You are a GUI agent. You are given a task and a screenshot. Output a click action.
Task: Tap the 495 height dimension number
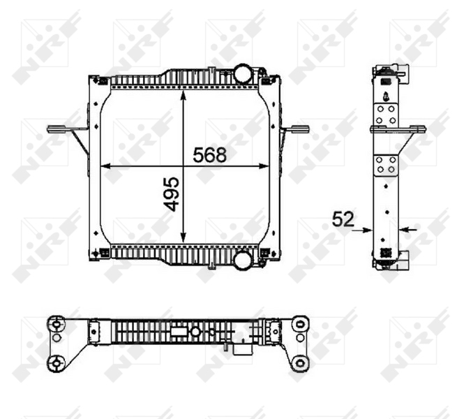[x=172, y=193]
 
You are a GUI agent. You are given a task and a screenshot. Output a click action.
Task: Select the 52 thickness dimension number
[x=343, y=219]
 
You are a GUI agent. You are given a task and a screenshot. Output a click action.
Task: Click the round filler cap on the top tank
[x=241, y=73]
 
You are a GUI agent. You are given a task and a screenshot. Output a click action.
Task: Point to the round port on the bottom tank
[x=242, y=261]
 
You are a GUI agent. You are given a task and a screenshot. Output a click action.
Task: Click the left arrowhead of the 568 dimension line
[x=105, y=166]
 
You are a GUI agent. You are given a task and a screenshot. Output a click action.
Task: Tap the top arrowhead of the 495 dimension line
[x=183, y=94]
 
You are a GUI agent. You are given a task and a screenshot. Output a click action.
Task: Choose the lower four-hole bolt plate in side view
[x=386, y=165]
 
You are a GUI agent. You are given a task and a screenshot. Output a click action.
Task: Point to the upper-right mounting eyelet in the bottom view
[x=300, y=323]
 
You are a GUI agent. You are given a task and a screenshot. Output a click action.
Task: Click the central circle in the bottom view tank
[x=197, y=332]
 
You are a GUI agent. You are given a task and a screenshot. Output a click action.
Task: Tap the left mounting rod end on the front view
[x=52, y=128]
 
